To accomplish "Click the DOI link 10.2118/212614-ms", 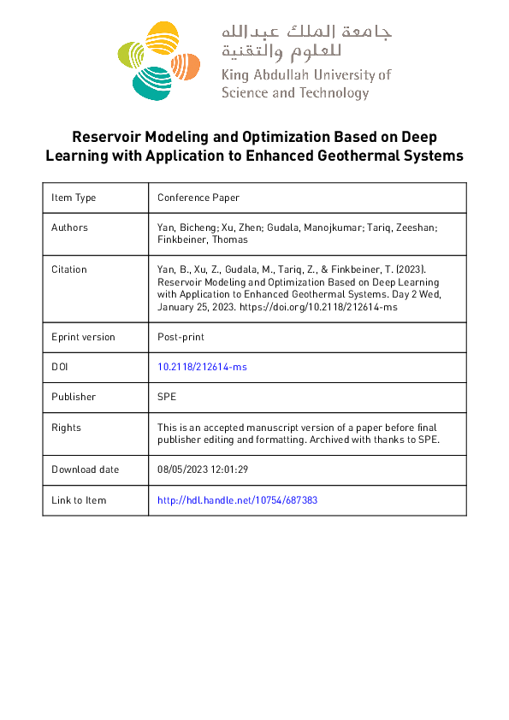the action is pos(202,366).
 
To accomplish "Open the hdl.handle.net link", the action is pos(237,500).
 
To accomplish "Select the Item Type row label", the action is pos(74,198).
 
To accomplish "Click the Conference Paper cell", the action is pos(198,198).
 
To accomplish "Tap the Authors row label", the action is pos(69,227).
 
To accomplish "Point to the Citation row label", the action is pos(69,269).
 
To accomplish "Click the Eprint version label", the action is pos(83,337).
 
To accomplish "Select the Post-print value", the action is pos(181,337).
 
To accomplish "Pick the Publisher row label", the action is pos(74,397).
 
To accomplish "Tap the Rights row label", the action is pos(67,428).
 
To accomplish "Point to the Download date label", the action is pos(86,469).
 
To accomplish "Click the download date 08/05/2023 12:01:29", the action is pos(203,469).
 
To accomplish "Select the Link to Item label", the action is pos(79,500).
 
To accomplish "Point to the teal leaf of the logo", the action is pos(152,81).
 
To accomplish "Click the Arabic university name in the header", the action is pos(305,41).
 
